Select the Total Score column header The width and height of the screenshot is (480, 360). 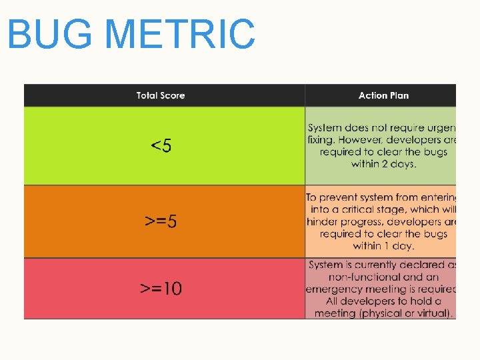click(x=161, y=95)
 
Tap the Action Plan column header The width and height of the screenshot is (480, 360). click(x=383, y=95)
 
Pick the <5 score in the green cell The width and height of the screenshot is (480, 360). click(x=161, y=145)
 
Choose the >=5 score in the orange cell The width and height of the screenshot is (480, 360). click(x=161, y=221)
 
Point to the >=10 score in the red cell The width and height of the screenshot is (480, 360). click(x=161, y=289)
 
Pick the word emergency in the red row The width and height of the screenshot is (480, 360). click(x=333, y=289)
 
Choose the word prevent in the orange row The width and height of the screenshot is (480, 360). click(x=341, y=197)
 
